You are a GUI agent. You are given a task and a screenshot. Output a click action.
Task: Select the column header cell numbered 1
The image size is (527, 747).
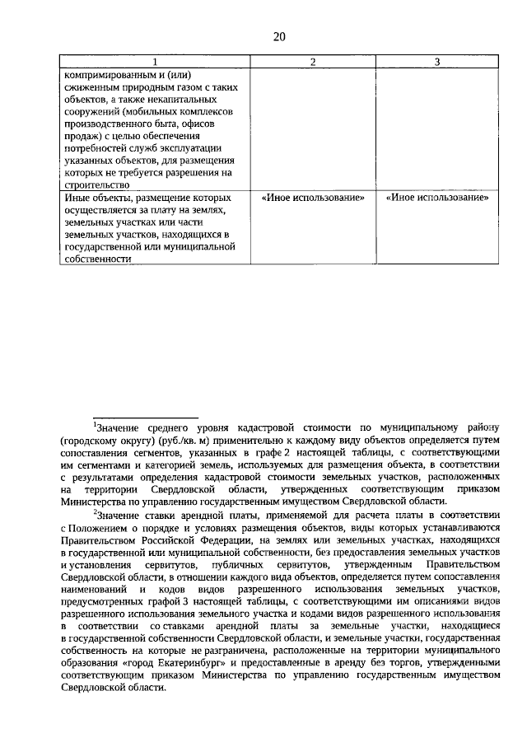coord(153,62)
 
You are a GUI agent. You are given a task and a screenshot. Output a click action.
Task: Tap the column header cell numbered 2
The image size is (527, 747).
coord(312,62)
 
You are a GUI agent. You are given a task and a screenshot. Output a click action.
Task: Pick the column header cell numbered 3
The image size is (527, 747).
coord(436,62)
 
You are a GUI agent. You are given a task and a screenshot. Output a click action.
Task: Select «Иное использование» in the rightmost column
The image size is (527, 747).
coord(437,198)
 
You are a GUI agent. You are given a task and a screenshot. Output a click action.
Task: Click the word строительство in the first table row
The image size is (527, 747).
coord(95,185)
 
